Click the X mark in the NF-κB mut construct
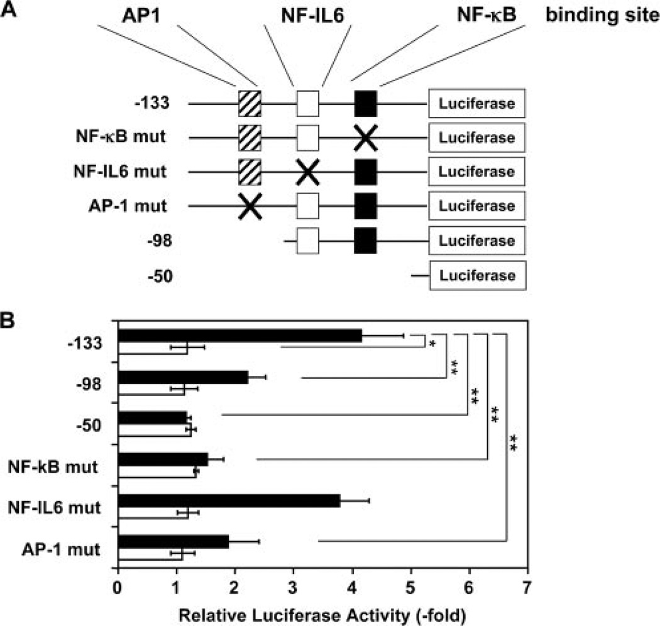pos(365,138)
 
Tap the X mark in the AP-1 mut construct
pos(250,206)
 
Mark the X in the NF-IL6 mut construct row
pos(307,172)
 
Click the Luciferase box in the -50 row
pos(478,275)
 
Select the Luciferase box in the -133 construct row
pos(478,103)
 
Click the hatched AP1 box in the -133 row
pos(250,103)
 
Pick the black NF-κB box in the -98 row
pos(365,241)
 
